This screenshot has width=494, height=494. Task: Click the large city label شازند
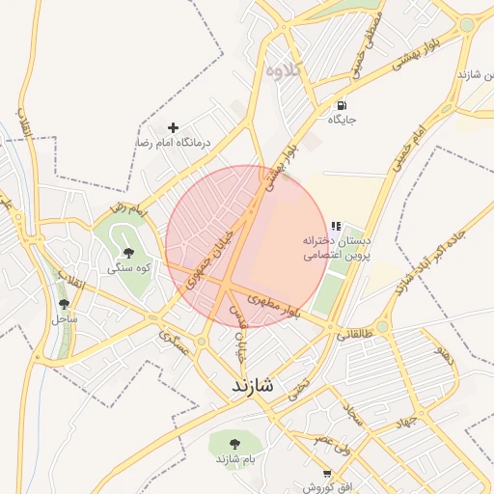pyautogui.click(x=252, y=385)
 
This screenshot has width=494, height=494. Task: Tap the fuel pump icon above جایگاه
pyautogui.click(x=341, y=105)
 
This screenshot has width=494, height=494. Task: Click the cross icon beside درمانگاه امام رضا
pyautogui.click(x=174, y=127)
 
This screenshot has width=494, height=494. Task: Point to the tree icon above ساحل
pyautogui.click(x=64, y=304)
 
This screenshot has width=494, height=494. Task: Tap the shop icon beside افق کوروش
pyautogui.click(x=327, y=474)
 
